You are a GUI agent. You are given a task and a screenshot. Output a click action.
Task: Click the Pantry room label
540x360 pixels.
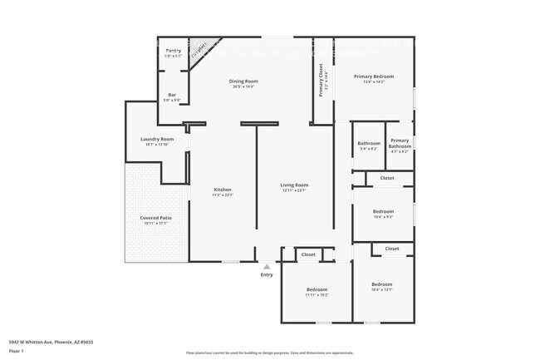173,52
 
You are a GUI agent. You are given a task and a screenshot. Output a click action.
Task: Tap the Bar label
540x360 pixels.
172,96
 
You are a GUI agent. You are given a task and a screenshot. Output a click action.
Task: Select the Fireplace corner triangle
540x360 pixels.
197,50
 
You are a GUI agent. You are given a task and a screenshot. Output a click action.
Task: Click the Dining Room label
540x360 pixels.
243,81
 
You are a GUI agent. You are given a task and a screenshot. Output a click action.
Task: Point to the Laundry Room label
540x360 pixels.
156,140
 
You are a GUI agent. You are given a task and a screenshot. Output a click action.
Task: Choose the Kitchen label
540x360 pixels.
222,190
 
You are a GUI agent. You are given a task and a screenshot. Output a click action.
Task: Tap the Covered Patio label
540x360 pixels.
155,219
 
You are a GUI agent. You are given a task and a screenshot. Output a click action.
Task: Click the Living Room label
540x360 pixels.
294,185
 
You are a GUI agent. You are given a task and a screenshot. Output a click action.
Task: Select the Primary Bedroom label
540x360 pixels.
373,76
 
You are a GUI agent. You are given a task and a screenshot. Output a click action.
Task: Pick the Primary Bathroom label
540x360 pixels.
400,142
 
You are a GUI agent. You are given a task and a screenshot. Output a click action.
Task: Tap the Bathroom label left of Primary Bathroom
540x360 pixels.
368,143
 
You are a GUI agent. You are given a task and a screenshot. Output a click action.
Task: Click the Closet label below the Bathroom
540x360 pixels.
387,178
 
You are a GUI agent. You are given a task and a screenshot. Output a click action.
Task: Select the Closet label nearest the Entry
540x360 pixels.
307,254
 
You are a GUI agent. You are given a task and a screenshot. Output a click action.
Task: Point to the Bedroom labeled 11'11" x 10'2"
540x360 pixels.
317,289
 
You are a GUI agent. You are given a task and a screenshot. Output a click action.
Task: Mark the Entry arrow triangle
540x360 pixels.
267,266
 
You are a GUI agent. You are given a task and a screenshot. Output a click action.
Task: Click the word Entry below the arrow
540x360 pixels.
266,274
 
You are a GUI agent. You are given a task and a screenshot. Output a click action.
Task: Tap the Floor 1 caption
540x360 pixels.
17,350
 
